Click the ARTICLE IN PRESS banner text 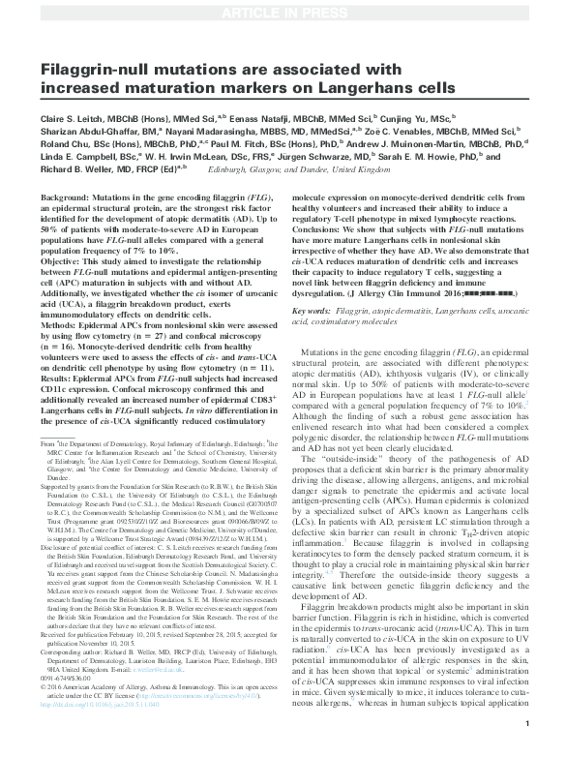[x=283, y=13]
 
